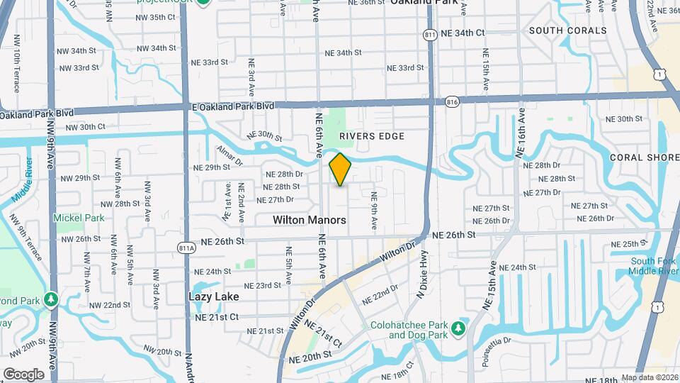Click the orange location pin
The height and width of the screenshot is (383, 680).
click(x=340, y=170)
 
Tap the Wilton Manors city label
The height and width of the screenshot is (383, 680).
click(x=310, y=221)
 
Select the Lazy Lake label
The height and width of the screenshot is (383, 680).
click(x=213, y=296)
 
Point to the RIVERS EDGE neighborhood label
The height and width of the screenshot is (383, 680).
click(x=371, y=136)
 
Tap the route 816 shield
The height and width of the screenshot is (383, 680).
click(x=451, y=103)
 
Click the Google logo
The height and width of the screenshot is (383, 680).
click(x=23, y=374)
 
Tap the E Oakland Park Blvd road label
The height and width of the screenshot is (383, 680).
click(x=233, y=106)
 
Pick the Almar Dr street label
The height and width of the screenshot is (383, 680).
click(x=229, y=157)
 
